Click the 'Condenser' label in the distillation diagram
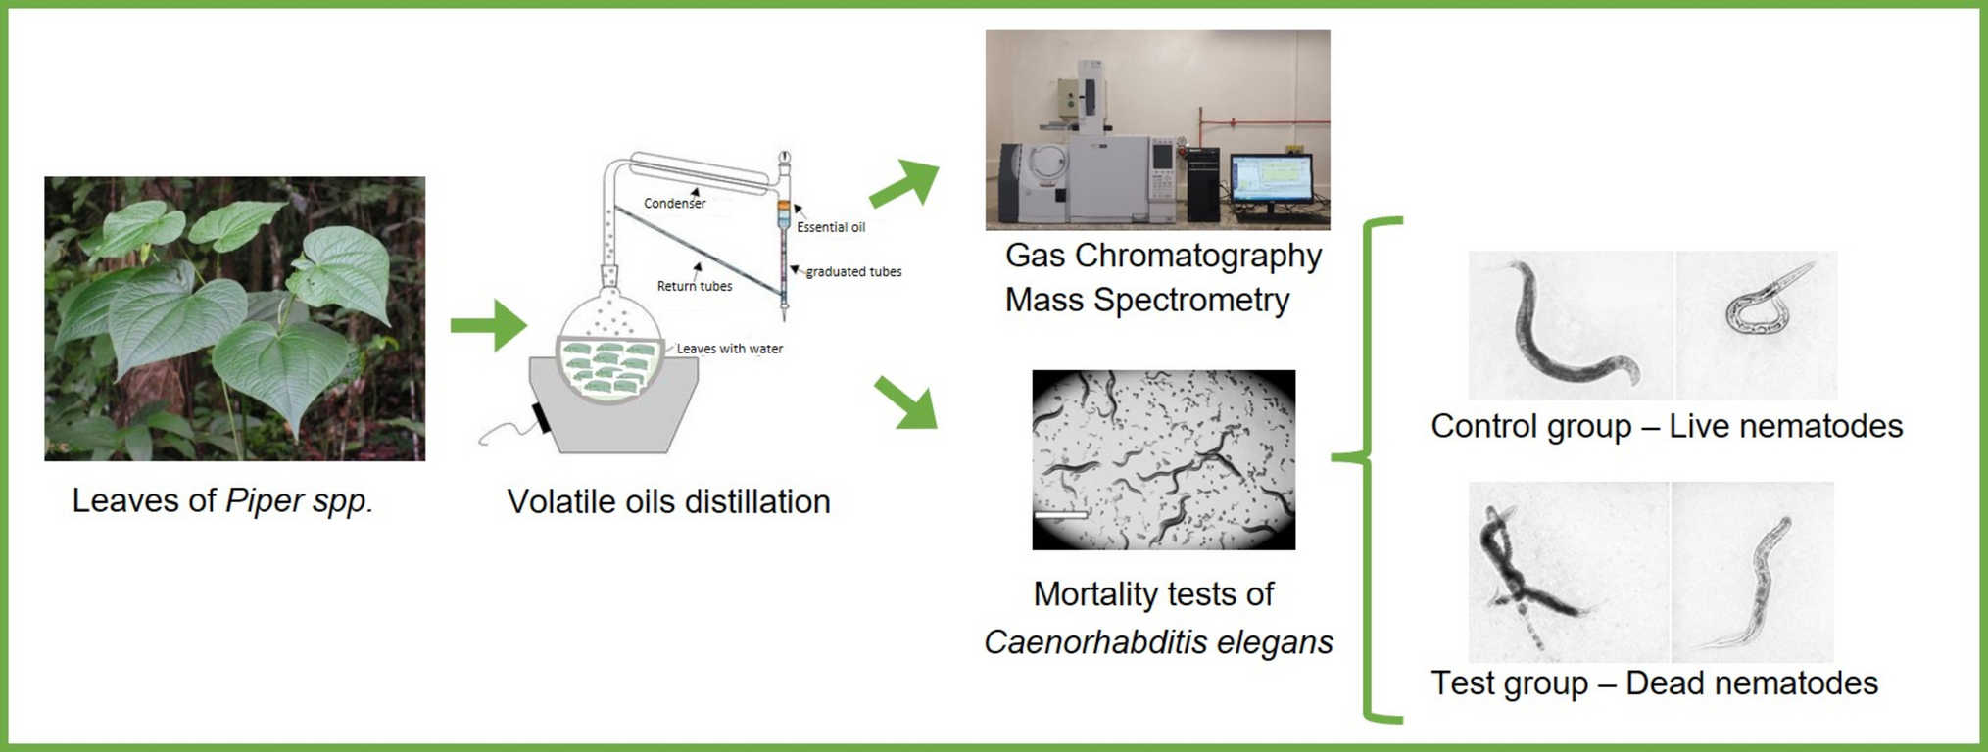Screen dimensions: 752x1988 click(674, 204)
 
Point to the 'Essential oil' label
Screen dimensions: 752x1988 click(831, 227)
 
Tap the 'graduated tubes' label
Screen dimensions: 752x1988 click(853, 272)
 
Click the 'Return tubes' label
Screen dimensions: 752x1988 click(695, 286)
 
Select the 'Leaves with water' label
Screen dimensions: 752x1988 click(730, 349)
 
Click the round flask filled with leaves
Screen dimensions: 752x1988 click(609, 352)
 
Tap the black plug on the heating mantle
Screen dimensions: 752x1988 click(541, 417)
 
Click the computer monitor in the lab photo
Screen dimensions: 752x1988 click(1272, 180)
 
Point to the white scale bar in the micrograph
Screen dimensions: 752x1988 click(1061, 514)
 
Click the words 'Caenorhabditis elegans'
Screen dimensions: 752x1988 click(1158, 642)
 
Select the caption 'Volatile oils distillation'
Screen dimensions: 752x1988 click(668, 501)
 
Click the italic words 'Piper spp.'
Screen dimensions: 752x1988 click(299, 500)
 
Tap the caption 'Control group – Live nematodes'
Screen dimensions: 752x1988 click(1667, 426)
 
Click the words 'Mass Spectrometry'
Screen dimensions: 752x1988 click(1146, 300)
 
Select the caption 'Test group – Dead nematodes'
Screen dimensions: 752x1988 click(1654, 682)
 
